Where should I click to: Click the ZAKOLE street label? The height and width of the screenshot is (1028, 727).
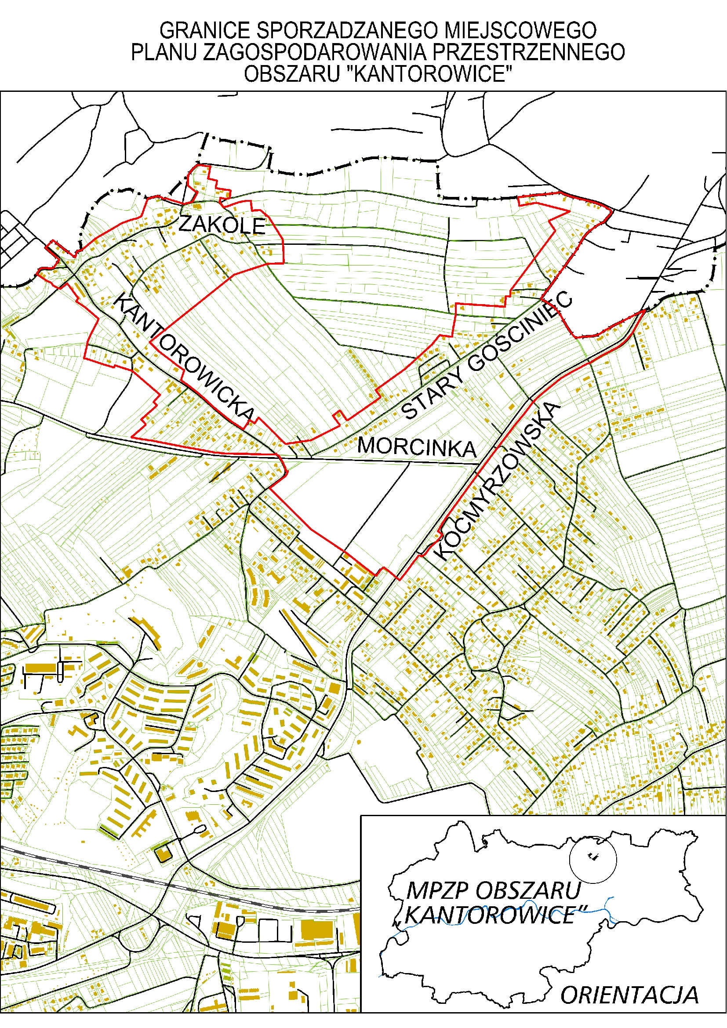pyautogui.click(x=222, y=225)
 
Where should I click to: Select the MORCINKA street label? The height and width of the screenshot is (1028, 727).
pyautogui.click(x=417, y=447)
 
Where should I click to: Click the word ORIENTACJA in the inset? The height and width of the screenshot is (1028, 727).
pyautogui.click(x=629, y=995)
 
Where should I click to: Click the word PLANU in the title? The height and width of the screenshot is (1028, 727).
pyautogui.click(x=164, y=52)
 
